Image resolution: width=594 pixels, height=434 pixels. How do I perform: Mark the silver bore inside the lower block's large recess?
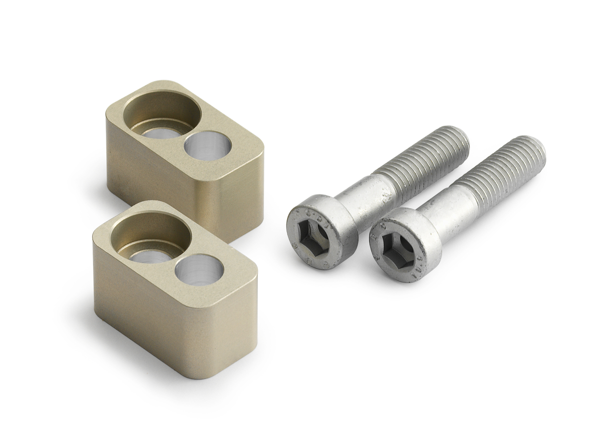pos(147,255)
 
